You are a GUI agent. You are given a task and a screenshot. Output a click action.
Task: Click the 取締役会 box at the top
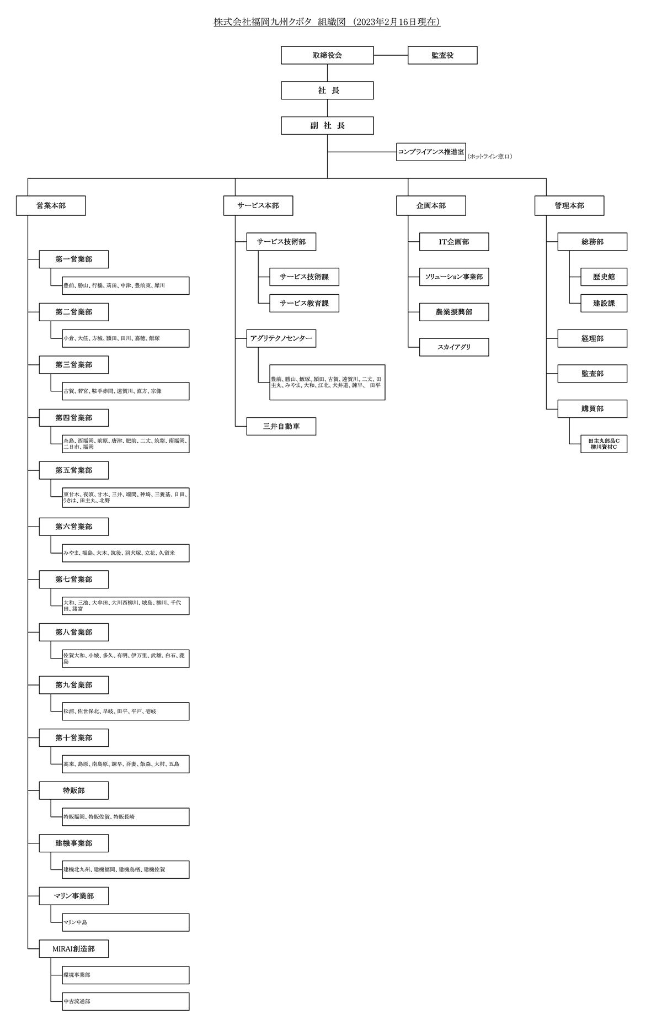click(x=327, y=55)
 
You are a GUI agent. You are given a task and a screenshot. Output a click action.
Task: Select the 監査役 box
click(x=442, y=55)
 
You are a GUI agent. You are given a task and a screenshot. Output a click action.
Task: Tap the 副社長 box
click(x=327, y=125)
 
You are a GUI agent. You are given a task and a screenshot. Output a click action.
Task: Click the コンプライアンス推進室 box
click(x=431, y=152)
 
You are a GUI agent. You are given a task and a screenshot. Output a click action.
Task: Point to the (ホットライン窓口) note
click(x=490, y=157)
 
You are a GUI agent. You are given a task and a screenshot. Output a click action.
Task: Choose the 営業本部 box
click(x=51, y=205)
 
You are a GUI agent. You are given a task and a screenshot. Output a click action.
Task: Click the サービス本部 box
click(x=258, y=205)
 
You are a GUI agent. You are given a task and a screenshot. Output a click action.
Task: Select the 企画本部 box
click(x=431, y=205)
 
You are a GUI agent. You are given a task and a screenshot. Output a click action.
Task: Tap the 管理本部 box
click(x=569, y=205)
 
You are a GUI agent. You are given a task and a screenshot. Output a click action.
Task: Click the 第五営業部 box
click(x=74, y=470)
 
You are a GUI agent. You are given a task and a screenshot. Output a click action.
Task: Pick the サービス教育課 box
click(x=304, y=303)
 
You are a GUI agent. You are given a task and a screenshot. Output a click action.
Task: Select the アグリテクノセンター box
click(x=281, y=338)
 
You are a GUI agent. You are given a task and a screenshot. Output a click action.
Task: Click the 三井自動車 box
click(x=281, y=426)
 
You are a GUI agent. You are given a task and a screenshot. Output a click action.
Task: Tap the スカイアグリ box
click(x=454, y=347)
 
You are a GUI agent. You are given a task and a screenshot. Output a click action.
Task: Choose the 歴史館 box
click(x=604, y=277)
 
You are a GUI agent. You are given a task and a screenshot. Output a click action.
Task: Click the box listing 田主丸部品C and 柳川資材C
click(x=604, y=444)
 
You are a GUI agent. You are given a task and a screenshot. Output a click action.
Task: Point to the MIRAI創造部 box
click(x=74, y=948)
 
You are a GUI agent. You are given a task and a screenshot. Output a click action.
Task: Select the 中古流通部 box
click(x=126, y=1001)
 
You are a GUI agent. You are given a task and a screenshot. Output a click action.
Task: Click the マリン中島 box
click(x=126, y=922)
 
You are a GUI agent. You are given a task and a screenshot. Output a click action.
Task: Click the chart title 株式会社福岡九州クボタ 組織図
click(x=327, y=22)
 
